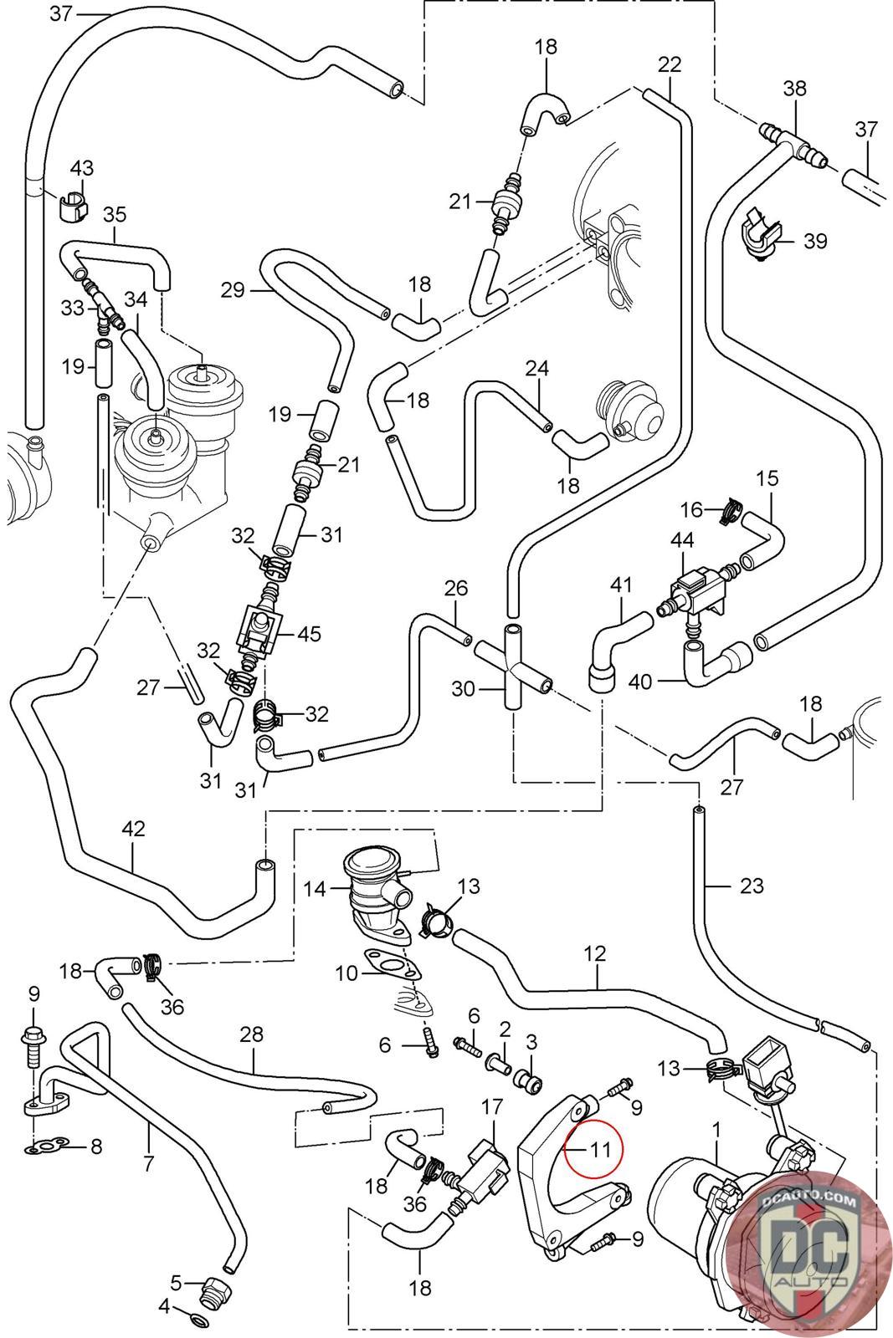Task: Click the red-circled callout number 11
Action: click(601, 1149)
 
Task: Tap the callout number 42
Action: click(133, 830)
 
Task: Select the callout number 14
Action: click(315, 888)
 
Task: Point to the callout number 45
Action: click(310, 633)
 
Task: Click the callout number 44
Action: click(683, 541)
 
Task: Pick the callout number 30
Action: click(463, 689)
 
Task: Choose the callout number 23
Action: click(752, 885)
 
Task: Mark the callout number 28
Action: click(251, 1034)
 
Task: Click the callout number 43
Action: click(81, 168)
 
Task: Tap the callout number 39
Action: click(814, 241)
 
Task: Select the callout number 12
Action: click(595, 952)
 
